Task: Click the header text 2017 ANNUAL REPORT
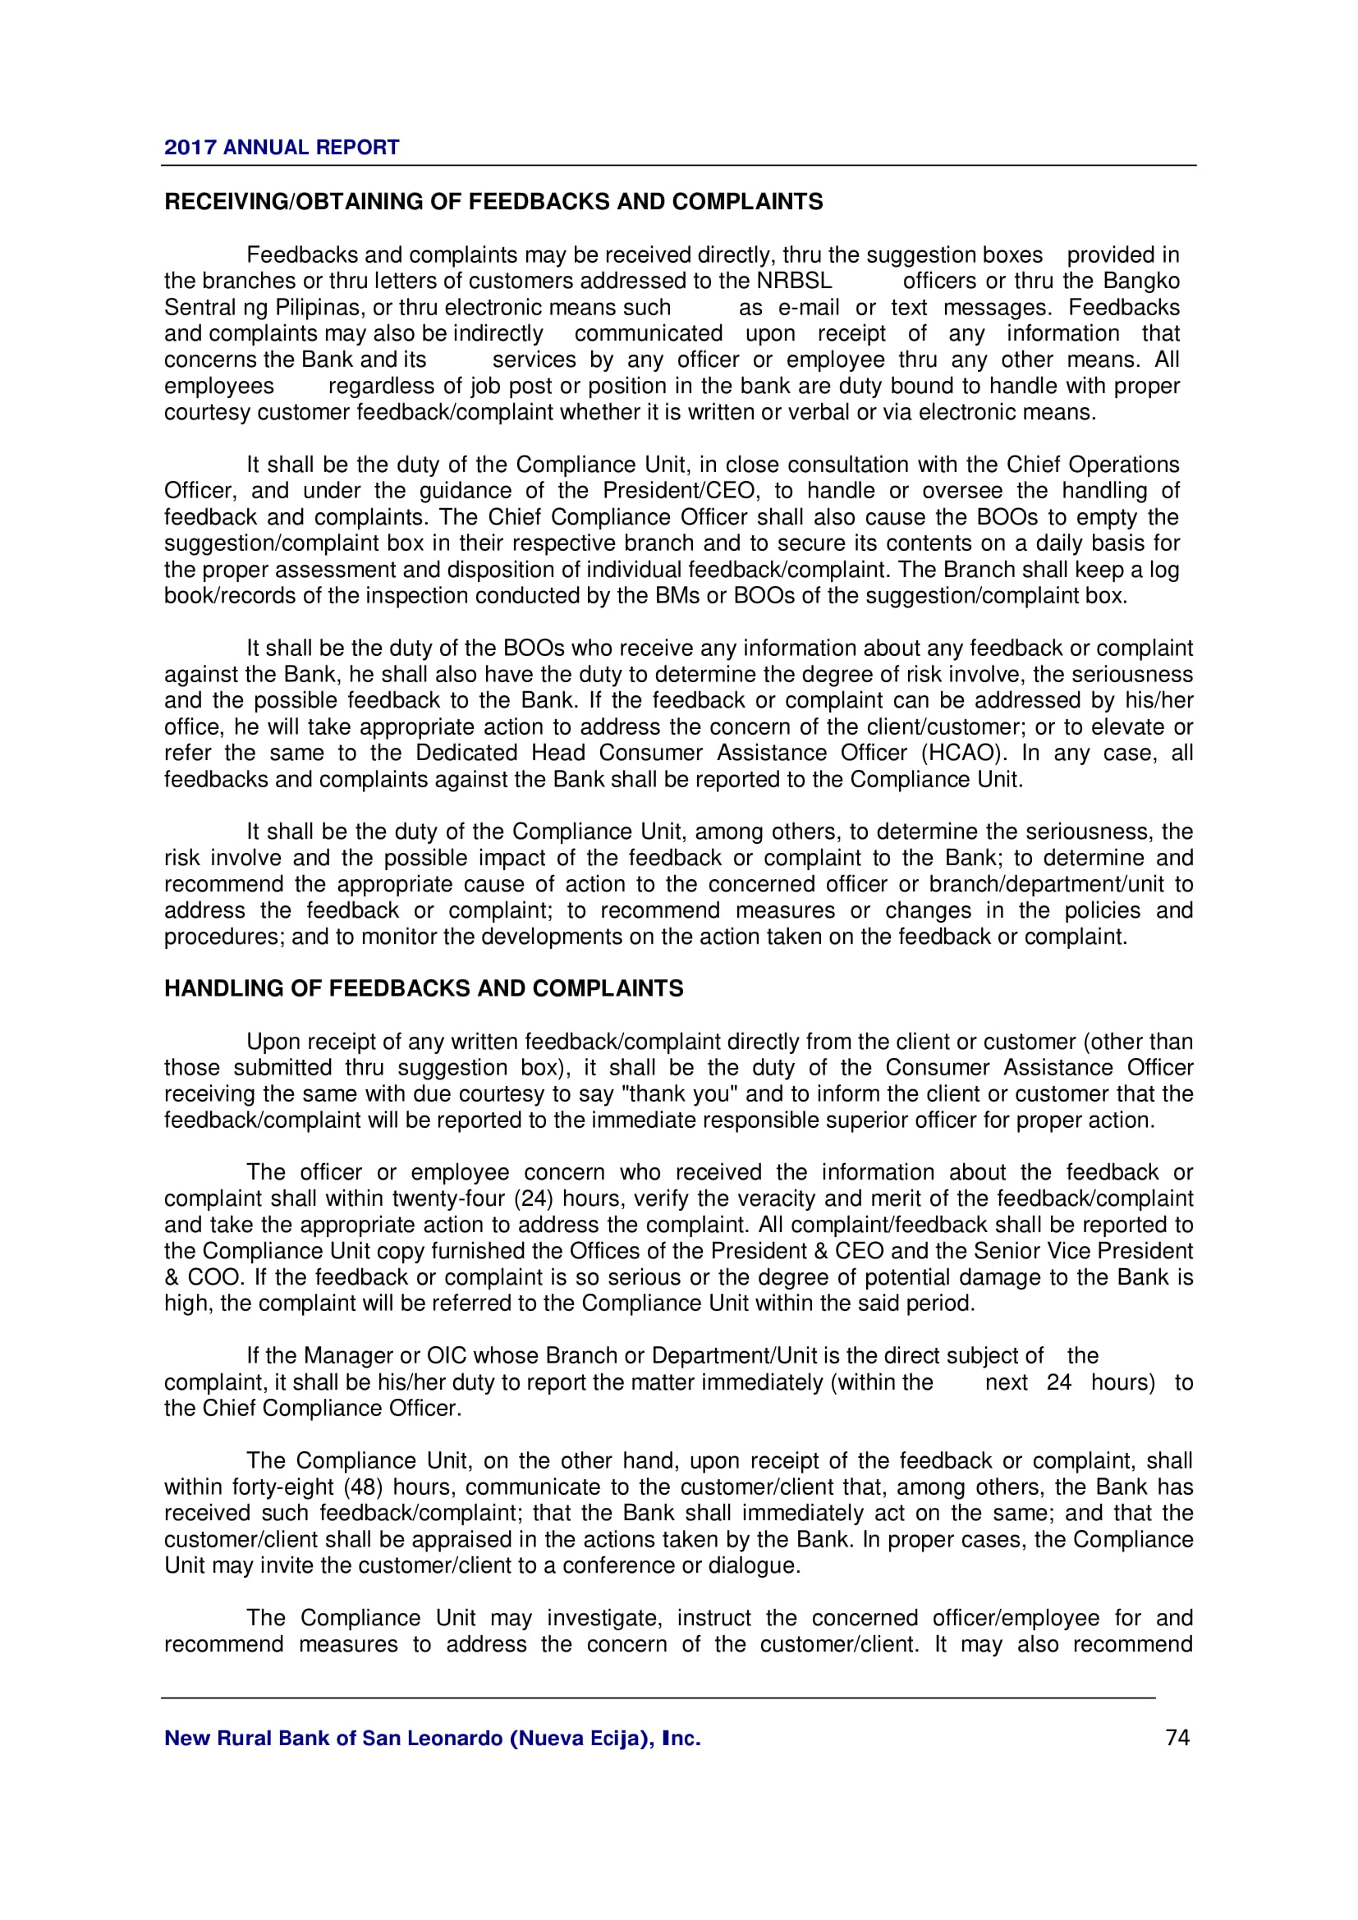pos(281,148)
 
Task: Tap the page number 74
pos(1177,1738)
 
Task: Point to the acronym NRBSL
pos(795,281)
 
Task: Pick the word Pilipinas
pos(321,308)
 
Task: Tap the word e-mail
pos(809,308)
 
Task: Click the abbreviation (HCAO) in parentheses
pos(961,753)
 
